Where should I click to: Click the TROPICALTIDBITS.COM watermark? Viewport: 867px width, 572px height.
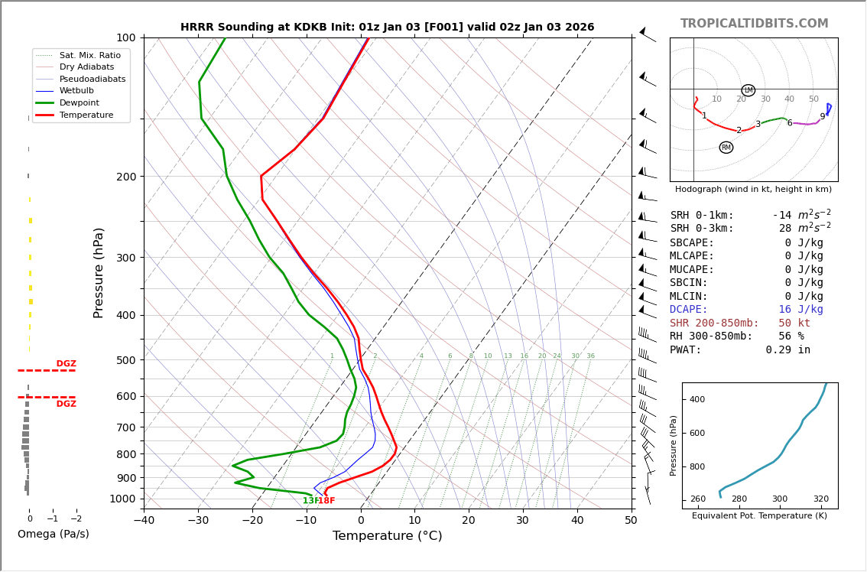pyautogui.click(x=754, y=24)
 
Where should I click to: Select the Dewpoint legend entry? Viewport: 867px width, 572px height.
pyautogui.click(x=84, y=102)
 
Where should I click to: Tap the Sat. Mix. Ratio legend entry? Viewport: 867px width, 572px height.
pyautogui.click(x=89, y=55)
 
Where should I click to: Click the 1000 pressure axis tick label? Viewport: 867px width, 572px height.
pyautogui.click(x=122, y=499)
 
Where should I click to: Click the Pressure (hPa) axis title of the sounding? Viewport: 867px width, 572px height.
pyautogui.click(x=99, y=272)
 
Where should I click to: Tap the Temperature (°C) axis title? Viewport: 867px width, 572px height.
pyautogui.click(x=387, y=536)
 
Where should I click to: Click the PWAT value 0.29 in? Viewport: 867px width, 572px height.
pyautogui.click(x=787, y=350)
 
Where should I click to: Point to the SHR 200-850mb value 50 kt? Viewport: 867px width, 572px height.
pyautogui.click(x=794, y=323)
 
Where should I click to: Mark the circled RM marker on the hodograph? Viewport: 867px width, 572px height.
pyautogui.click(x=726, y=148)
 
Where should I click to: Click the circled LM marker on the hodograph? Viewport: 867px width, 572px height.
pyautogui.click(x=748, y=90)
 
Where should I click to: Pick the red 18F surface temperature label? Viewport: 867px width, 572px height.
pyautogui.click(x=326, y=501)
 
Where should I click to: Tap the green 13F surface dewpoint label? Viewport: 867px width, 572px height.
pyautogui.click(x=310, y=501)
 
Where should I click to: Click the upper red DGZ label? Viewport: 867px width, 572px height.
pyautogui.click(x=66, y=364)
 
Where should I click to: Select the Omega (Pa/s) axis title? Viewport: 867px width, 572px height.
pyautogui.click(x=53, y=535)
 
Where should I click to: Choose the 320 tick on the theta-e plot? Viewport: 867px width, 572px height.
pyautogui.click(x=820, y=499)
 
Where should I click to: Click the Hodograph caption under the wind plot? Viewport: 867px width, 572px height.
pyautogui.click(x=753, y=189)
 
